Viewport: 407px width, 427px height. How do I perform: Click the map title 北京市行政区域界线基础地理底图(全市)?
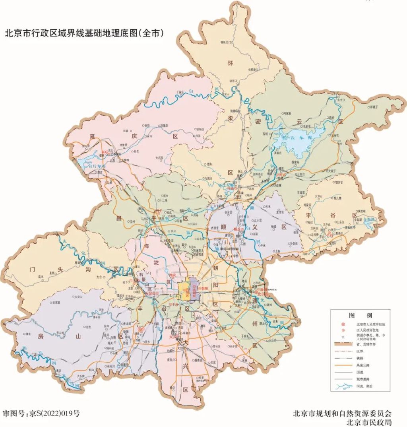click(x=84, y=33)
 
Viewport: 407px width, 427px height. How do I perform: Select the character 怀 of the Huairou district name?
click(x=230, y=63)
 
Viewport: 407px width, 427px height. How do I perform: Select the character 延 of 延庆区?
click(x=89, y=136)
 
